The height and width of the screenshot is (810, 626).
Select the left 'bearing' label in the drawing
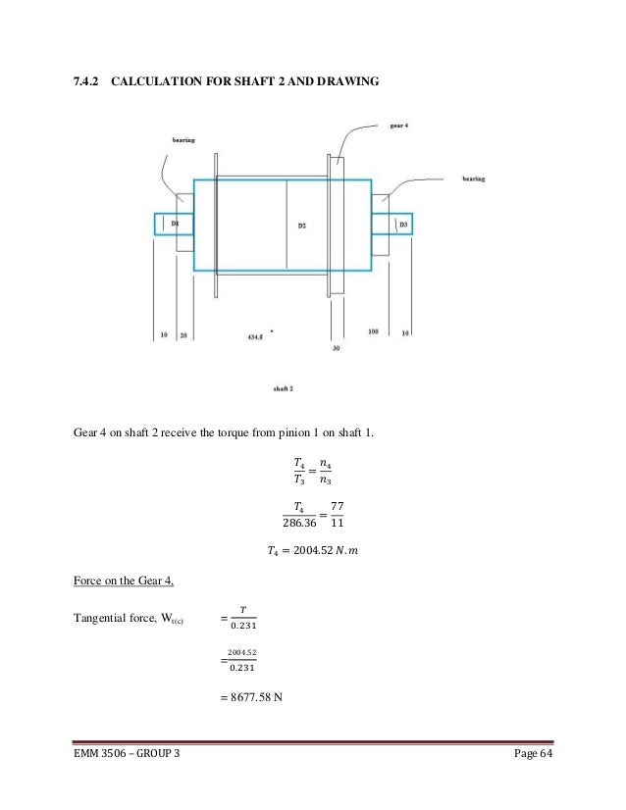[x=183, y=140]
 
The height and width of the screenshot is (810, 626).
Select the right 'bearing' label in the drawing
[x=475, y=179]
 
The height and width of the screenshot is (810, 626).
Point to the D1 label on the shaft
[x=176, y=224]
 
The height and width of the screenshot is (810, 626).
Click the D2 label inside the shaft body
[x=302, y=226]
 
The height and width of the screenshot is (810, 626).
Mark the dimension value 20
[x=183, y=335]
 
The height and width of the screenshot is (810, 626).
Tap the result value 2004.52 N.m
[x=312, y=552]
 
